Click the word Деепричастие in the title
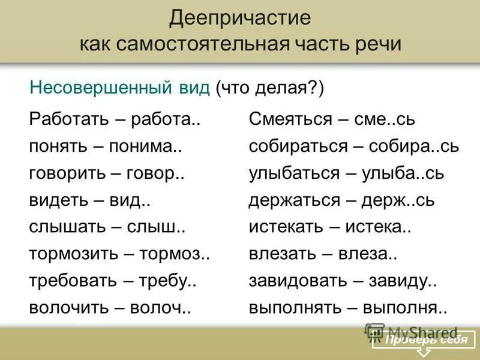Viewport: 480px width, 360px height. [x=240, y=18]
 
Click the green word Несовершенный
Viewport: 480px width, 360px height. [x=119, y=89]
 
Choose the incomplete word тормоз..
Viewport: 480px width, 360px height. [x=175, y=254]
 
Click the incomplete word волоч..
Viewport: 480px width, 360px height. [x=165, y=308]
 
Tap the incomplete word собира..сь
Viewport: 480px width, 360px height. [x=411, y=146]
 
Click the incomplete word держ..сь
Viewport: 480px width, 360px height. [x=398, y=201]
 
